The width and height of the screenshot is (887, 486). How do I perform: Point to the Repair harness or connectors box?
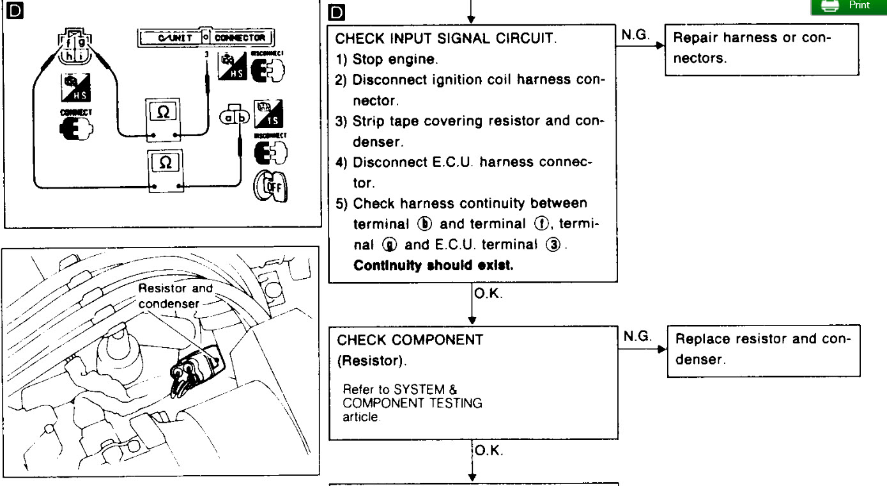click(x=760, y=49)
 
